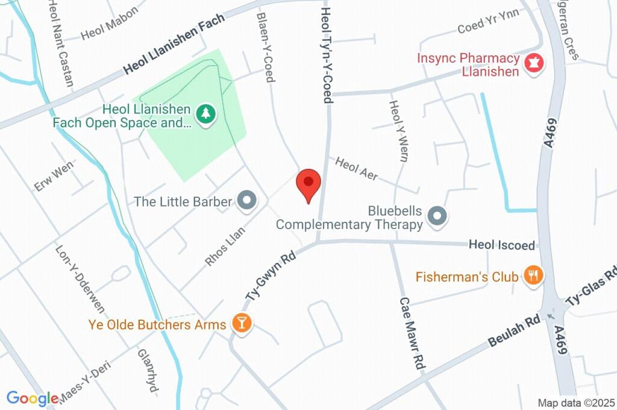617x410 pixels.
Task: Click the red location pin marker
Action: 309,183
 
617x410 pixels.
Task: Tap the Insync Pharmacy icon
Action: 533,63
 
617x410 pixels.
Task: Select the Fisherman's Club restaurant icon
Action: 533,276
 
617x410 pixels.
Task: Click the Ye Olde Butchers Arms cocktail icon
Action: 241,324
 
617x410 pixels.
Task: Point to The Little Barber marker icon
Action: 246,201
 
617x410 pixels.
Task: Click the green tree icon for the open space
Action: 206,113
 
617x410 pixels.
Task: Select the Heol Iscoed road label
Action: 502,245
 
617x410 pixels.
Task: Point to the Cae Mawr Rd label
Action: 412,333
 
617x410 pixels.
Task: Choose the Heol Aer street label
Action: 357,169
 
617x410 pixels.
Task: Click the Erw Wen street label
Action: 53,176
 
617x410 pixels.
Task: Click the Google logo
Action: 33,399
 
